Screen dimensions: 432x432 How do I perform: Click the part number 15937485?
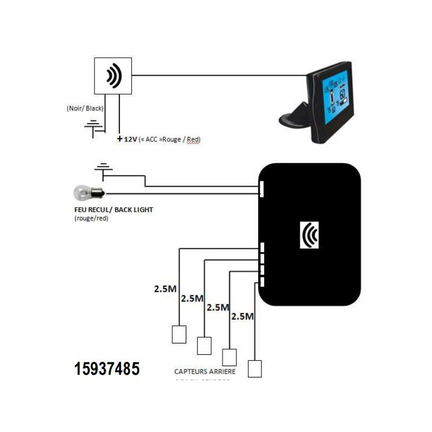107,369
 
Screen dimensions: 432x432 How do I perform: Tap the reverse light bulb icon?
88,193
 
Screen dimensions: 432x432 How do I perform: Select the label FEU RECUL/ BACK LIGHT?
112,210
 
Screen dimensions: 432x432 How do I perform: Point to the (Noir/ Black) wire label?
85,108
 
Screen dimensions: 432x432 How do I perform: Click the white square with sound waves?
113,76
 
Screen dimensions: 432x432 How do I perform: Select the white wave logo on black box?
309,235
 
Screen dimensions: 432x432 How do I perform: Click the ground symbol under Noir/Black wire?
93,126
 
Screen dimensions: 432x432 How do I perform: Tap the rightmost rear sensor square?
254,368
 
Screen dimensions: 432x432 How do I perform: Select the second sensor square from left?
204,346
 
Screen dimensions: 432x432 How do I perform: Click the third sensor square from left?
230,357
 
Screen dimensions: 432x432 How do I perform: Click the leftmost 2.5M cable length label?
165,289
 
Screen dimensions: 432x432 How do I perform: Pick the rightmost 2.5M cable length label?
242,316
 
